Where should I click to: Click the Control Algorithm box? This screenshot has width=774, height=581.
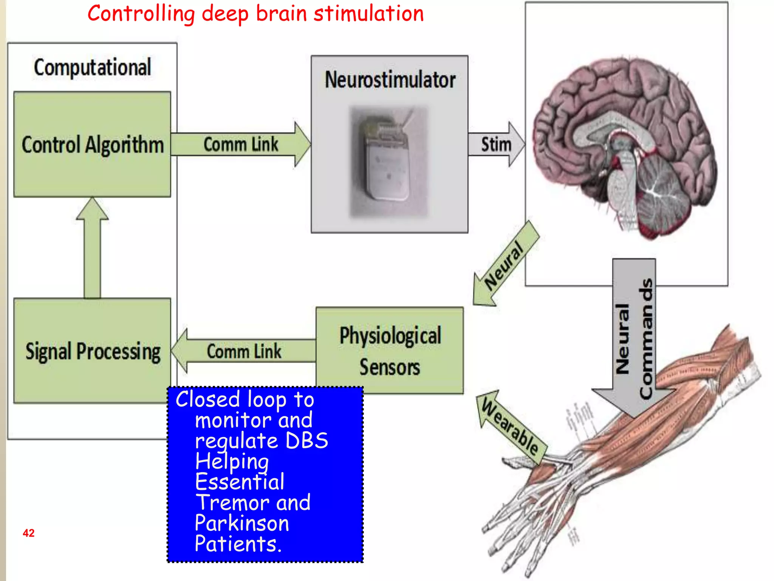click(92, 144)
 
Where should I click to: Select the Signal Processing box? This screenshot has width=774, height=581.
click(92, 351)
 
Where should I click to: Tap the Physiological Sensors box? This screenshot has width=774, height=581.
click(389, 351)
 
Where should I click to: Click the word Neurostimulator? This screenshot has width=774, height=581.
click(390, 80)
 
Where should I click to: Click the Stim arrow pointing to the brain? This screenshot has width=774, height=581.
click(496, 144)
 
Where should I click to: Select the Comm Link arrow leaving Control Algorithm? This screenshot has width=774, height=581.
click(240, 144)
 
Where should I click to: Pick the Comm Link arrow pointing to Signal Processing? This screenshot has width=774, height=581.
click(243, 351)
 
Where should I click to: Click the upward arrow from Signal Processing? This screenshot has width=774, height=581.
click(92, 250)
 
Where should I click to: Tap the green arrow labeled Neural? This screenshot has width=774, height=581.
click(505, 265)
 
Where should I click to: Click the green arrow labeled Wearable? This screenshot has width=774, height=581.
click(510, 428)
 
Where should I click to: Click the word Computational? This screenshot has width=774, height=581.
click(92, 67)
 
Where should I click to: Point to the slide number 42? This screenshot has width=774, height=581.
click(29, 533)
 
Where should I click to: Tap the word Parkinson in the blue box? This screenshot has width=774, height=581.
click(242, 523)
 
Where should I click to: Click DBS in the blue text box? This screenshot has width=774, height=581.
click(307, 441)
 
